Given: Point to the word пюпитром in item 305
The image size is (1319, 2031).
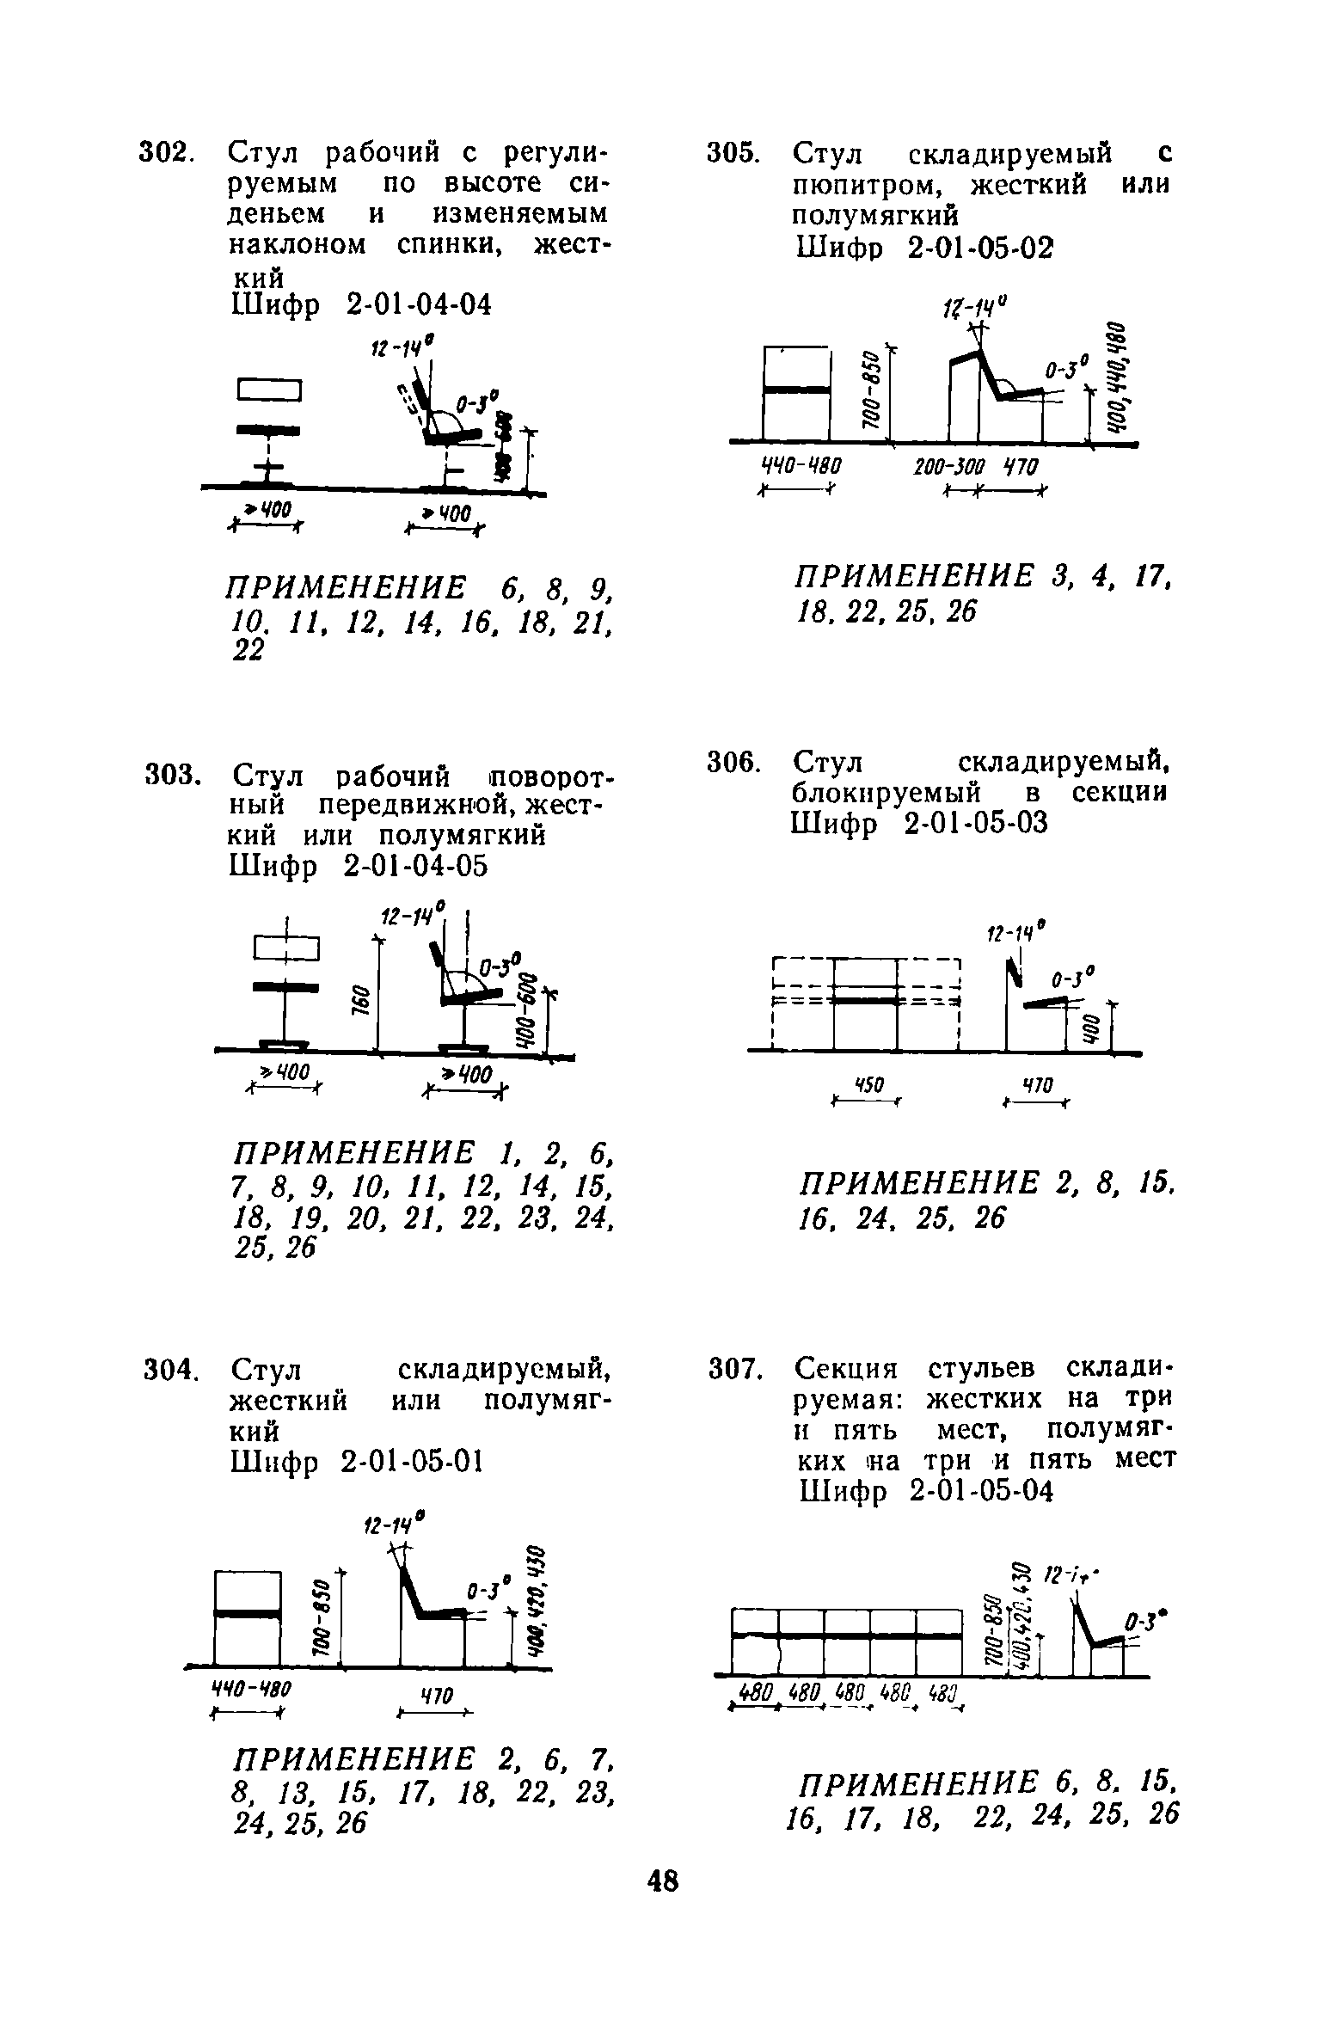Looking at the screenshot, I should pos(870,184).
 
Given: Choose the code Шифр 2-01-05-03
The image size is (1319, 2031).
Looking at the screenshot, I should pos(920,823).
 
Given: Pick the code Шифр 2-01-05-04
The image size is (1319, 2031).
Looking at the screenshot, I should pos(925,1490).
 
